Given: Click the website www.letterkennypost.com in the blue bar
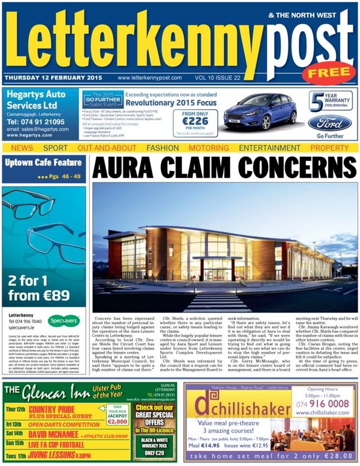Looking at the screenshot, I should [150, 78].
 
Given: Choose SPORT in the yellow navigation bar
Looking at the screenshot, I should [55, 148].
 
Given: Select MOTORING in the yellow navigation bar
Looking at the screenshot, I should [201, 148].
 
